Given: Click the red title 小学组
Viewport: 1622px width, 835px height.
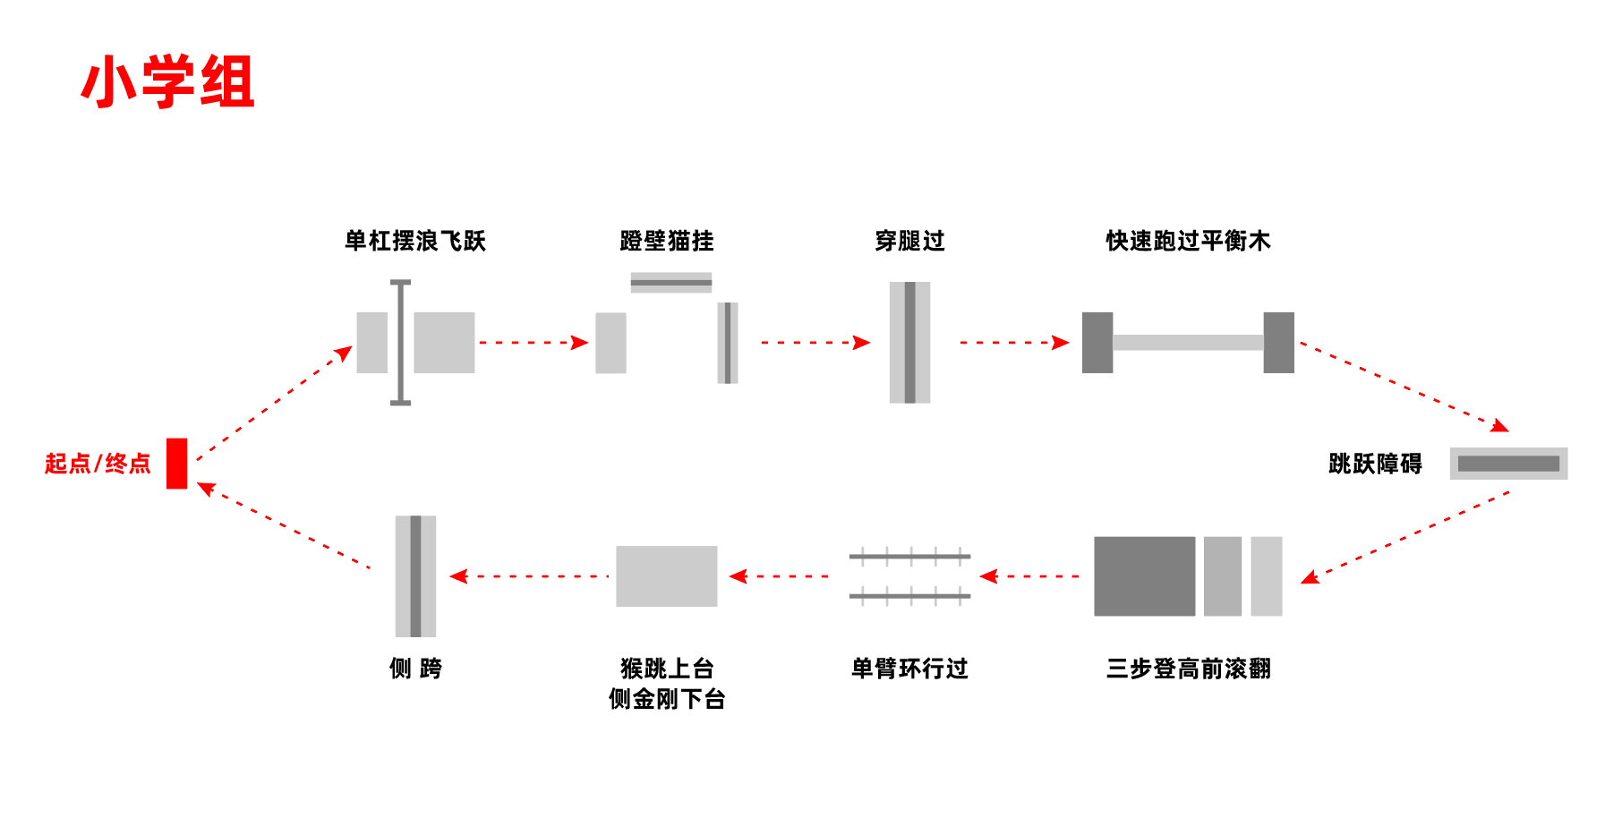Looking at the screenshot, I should tap(168, 81).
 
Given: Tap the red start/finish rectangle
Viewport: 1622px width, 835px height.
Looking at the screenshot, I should tap(176, 464).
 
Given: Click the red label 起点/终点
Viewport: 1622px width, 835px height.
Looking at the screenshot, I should tap(98, 464).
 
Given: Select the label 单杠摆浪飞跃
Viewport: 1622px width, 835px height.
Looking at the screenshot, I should tap(415, 241).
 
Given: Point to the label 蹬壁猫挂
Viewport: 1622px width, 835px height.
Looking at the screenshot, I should tap(667, 241).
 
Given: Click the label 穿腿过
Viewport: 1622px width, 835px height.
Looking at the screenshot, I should tap(909, 241).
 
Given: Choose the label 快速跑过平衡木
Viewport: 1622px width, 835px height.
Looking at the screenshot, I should tap(1188, 241).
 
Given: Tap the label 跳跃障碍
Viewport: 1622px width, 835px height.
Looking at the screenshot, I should tap(1375, 464).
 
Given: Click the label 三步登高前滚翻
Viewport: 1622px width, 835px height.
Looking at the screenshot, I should tap(1188, 669).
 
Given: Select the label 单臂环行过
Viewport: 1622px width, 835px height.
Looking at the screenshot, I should tap(909, 669).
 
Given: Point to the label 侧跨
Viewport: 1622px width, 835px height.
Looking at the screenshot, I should tap(415, 669).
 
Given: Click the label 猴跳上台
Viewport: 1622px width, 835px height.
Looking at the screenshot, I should tap(667, 669).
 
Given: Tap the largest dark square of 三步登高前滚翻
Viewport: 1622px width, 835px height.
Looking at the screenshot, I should tap(1144, 576).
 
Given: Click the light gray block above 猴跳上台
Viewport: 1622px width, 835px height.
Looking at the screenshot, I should tap(667, 576).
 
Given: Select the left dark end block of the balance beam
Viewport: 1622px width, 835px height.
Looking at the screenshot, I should tap(1097, 343).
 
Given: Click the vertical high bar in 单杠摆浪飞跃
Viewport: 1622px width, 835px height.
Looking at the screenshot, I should tap(400, 343).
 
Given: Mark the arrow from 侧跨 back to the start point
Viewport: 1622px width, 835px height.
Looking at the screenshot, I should tap(286, 527).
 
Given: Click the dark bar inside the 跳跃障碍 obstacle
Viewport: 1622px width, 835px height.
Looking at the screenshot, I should tap(1508, 464).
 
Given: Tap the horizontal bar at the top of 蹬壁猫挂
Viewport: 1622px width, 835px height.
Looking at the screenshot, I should tap(671, 283).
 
